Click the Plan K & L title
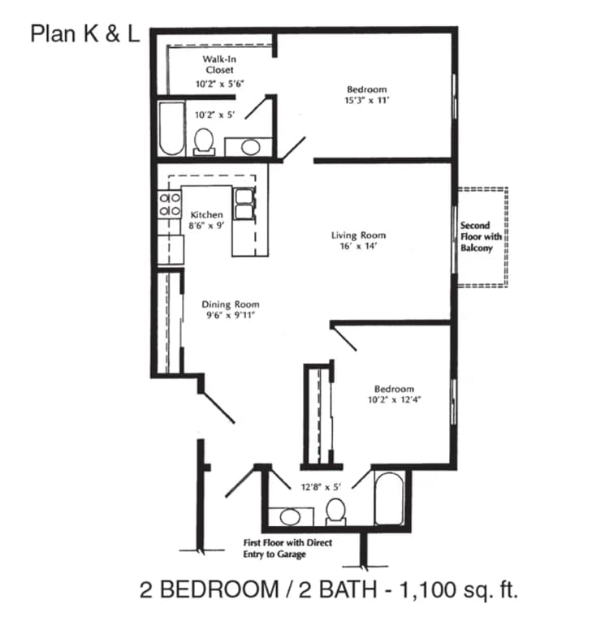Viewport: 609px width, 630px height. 85,35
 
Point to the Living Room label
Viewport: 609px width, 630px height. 358,235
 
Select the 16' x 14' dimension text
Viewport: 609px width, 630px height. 358,246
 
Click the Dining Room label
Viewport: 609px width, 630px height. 231,304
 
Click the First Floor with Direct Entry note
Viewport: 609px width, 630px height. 288,548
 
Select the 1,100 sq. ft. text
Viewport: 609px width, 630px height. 454,590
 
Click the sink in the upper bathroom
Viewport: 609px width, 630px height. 251,147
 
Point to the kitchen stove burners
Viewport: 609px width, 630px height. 170,204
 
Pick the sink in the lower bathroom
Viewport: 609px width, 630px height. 288,516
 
